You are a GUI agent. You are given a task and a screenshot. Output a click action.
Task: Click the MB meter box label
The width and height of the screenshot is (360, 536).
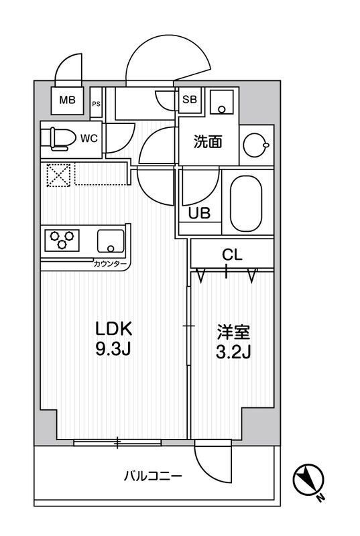coord(67,101)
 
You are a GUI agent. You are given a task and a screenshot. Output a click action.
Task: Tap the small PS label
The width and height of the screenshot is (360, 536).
coord(97,103)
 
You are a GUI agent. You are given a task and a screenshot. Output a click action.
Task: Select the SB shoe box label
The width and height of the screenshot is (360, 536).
coord(190,100)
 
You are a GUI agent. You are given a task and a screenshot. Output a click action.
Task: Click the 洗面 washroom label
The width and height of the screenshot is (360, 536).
coord(207,142)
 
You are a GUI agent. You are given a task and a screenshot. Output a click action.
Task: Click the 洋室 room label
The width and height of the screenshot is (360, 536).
coord(231,332)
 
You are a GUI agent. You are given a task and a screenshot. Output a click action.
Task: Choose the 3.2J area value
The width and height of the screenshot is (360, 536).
coord(232,351)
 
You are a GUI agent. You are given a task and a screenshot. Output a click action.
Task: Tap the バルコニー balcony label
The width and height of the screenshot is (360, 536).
coord(153,476)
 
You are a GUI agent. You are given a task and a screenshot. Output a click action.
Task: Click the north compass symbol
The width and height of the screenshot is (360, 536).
coord(310,480)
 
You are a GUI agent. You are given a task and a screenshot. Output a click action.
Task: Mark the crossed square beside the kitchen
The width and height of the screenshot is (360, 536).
coord(57,176)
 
